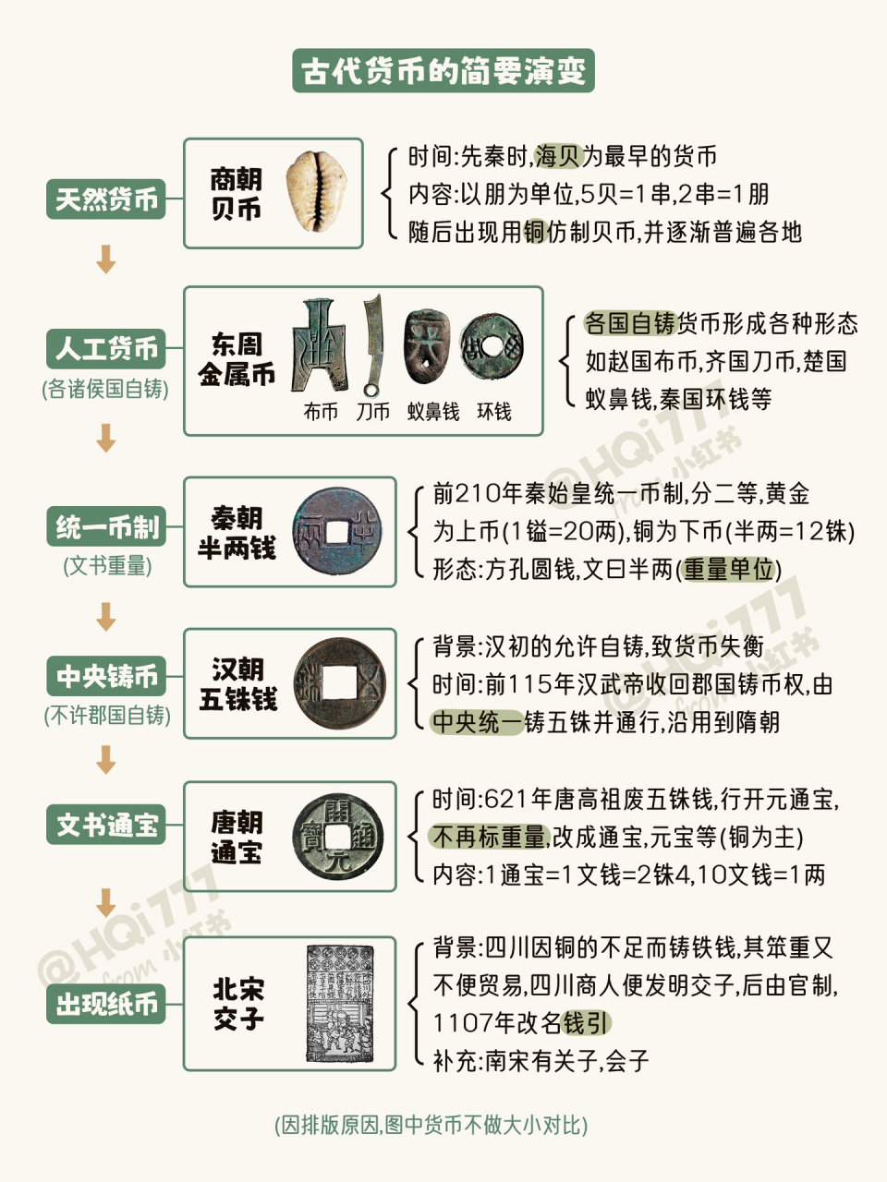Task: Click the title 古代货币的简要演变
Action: click(x=443, y=71)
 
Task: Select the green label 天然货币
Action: click(x=106, y=199)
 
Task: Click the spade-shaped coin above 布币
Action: click(x=319, y=346)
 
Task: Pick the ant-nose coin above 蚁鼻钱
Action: click(x=427, y=346)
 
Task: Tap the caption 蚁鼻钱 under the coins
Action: click(x=433, y=412)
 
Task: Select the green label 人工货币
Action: click(x=106, y=349)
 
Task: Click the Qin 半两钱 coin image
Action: click(x=337, y=532)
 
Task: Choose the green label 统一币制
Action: click(x=106, y=527)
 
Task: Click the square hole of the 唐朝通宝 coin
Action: click(x=339, y=837)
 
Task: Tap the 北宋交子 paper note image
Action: click(x=340, y=1004)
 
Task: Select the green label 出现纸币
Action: click(x=106, y=1004)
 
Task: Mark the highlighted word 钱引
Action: click(x=587, y=1023)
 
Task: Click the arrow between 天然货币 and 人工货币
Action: click(x=106, y=259)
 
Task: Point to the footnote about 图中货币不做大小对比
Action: click(x=431, y=1125)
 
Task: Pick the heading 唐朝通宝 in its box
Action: click(x=237, y=837)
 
